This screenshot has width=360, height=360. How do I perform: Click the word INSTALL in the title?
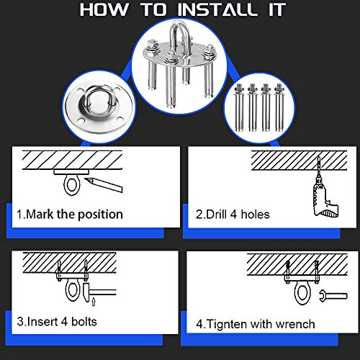coord(217,9)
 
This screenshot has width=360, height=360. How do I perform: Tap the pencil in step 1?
coord(104,184)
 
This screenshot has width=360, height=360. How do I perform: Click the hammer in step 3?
coord(99,292)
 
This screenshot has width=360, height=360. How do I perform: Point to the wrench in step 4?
coord(333,296)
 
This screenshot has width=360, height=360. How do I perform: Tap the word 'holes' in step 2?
coord(255,214)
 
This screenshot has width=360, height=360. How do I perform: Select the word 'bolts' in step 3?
coord(84,322)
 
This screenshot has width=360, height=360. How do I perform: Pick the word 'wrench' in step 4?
coord(295,324)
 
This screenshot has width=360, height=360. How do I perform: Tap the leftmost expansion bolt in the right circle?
coord(239,107)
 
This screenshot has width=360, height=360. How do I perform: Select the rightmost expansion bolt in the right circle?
coord(279,107)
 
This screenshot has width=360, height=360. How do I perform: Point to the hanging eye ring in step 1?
coord(71,185)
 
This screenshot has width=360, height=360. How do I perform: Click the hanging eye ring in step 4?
coord(302,294)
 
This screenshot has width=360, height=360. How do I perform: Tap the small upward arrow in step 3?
coord(94,302)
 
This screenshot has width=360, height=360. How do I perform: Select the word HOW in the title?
coord(104,9)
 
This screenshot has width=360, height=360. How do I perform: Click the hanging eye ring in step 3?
coord(73,290)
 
